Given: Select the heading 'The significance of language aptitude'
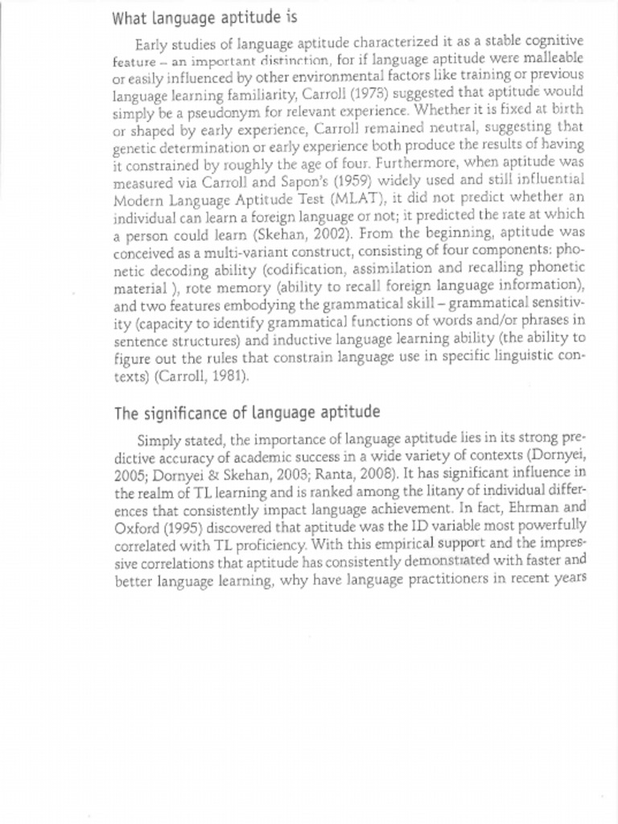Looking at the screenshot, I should coord(246,414).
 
